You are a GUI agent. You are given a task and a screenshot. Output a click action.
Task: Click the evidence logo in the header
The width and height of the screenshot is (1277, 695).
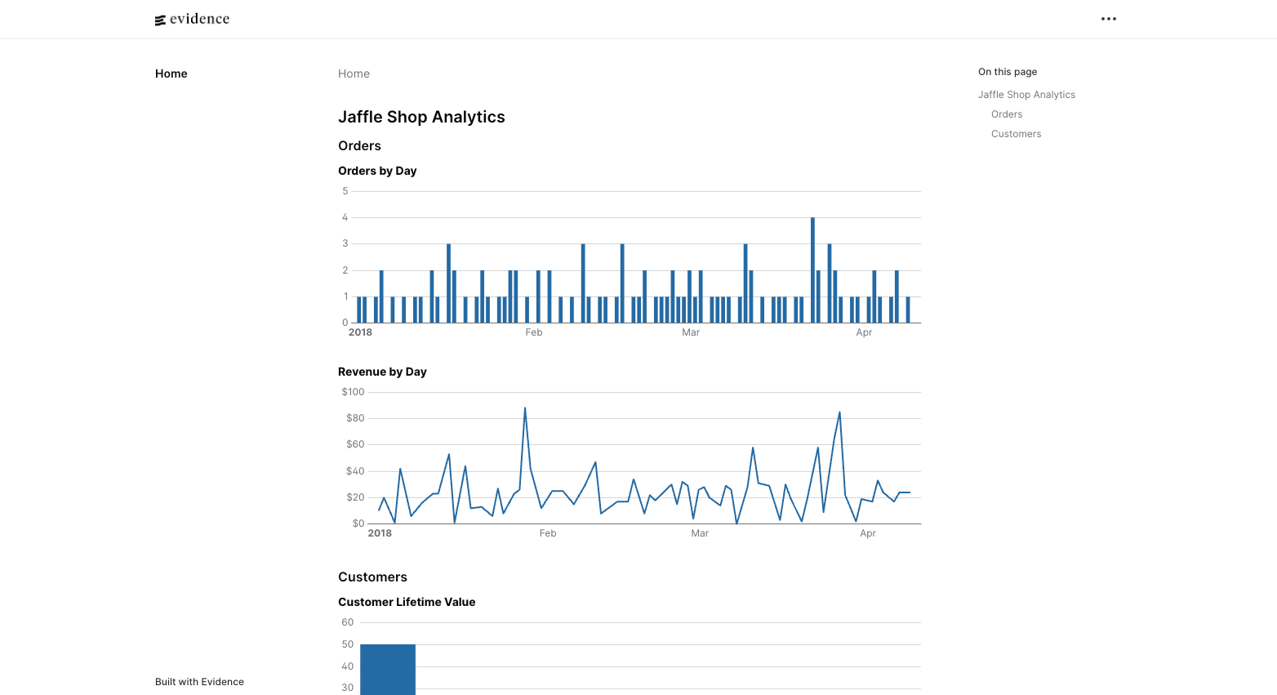(x=192, y=20)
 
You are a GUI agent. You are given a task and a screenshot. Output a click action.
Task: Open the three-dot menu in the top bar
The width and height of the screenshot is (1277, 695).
(x=1108, y=19)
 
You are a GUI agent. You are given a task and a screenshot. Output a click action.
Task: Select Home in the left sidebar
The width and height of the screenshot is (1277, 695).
(x=171, y=74)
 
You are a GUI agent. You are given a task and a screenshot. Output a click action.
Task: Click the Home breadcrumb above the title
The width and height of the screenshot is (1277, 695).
(x=354, y=74)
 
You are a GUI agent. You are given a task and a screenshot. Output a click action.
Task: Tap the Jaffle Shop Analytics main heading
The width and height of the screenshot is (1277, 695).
(x=421, y=117)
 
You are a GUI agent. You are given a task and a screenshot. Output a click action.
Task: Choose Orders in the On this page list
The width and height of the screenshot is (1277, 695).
(x=1007, y=114)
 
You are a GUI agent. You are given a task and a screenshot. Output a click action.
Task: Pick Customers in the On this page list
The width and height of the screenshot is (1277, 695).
(x=1016, y=134)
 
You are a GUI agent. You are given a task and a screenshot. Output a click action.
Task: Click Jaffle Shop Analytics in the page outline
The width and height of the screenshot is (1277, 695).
(x=1026, y=95)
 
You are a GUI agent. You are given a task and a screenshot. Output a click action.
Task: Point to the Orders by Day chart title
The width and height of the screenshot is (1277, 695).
(x=377, y=171)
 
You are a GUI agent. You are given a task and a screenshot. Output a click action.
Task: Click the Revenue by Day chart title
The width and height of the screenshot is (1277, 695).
(x=382, y=372)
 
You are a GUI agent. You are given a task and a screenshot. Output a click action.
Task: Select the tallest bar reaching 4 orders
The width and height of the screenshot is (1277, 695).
(x=812, y=270)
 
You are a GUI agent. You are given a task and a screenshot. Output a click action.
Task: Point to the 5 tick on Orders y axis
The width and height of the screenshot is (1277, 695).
(x=345, y=191)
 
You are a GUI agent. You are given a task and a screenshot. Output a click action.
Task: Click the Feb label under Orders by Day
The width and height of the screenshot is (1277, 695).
(x=534, y=332)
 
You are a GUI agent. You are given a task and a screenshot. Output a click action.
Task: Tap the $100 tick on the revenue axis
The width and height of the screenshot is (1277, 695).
(x=353, y=392)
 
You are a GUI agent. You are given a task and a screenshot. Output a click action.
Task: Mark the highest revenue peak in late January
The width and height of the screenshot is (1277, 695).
(x=525, y=408)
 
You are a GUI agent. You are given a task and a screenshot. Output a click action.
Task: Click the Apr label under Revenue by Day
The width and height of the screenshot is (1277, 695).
(x=868, y=533)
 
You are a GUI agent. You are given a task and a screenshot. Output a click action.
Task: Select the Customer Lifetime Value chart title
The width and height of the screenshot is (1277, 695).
(x=407, y=602)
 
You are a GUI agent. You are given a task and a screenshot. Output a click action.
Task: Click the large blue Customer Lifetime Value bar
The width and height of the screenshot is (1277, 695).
(x=388, y=670)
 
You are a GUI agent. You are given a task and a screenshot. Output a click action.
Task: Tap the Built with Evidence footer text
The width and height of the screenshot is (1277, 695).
(x=199, y=682)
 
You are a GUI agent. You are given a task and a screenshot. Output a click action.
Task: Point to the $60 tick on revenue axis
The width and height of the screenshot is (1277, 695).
(x=355, y=444)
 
